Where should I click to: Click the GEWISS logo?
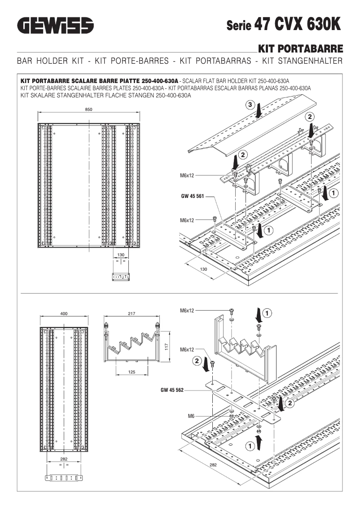pos(55,25)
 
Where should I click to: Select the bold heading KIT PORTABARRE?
pos(301,49)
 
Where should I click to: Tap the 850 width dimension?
pos(89,110)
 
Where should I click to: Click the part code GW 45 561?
pos(190,196)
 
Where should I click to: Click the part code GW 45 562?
pos(172,390)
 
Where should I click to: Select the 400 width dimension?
pos(64,314)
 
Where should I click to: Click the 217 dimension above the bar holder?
pos(131,314)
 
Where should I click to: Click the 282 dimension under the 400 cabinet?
pos(64,459)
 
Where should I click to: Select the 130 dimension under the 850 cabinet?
pos(120,254)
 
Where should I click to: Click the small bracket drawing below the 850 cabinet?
pos(120,276)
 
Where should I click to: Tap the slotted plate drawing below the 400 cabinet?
pos(64,477)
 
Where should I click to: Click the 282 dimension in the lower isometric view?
pos(213,465)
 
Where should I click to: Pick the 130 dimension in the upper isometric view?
pos(203,269)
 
